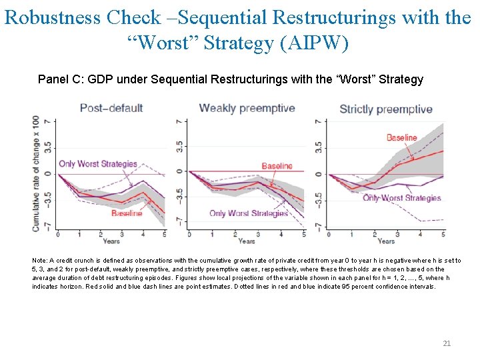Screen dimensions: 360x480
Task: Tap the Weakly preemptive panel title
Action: coord(247,108)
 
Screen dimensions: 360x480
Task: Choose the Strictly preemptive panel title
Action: coord(385,109)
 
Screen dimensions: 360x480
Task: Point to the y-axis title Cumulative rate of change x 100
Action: coord(35,173)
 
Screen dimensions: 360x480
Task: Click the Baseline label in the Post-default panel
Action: coord(126,213)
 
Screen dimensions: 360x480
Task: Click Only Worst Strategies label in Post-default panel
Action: coord(97,163)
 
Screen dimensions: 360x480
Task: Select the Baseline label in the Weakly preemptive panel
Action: coord(277,165)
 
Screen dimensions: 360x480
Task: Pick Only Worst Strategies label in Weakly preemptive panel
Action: coord(248,213)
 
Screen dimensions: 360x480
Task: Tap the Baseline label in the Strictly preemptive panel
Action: coord(401,138)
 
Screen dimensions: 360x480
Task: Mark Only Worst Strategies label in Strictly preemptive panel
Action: coord(402,198)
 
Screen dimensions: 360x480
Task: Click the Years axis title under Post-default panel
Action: coord(111,241)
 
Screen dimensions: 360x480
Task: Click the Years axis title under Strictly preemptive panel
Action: coord(385,241)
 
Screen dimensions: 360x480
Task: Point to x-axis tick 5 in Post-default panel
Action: coord(164,234)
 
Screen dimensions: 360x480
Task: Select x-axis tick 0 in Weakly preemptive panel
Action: coord(189,234)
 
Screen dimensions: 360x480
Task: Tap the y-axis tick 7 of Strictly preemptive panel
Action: coord(319,121)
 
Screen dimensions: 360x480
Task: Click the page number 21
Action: coord(447,343)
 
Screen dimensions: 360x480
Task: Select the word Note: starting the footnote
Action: coord(40,261)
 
